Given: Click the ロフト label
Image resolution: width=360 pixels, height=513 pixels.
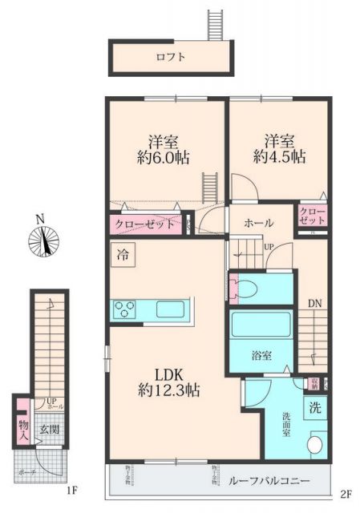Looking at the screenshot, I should pyautogui.click(x=170, y=57).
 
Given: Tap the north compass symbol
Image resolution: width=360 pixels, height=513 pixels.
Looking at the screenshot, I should pyautogui.click(x=43, y=240).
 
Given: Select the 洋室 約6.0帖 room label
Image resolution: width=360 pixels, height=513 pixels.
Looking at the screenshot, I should pyautogui.click(x=162, y=149).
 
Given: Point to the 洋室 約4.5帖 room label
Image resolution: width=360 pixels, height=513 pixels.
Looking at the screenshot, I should pyautogui.click(x=277, y=149).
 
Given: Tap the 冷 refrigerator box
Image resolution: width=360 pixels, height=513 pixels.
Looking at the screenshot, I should pyautogui.click(x=123, y=258).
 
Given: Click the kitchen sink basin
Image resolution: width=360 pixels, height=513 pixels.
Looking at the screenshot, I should pyautogui.click(x=170, y=309).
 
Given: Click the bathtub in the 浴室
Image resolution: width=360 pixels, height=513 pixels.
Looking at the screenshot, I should pyautogui.click(x=261, y=327).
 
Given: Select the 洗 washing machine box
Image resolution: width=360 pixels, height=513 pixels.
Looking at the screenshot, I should pyautogui.click(x=315, y=407).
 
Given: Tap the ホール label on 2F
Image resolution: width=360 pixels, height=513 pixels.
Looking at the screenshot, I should pyautogui.click(x=258, y=223).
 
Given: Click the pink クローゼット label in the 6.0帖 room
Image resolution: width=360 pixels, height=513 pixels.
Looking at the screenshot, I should pyautogui.click(x=144, y=224).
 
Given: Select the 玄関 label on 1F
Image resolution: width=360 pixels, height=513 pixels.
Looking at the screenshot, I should pyautogui.click(x=50, y=429).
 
